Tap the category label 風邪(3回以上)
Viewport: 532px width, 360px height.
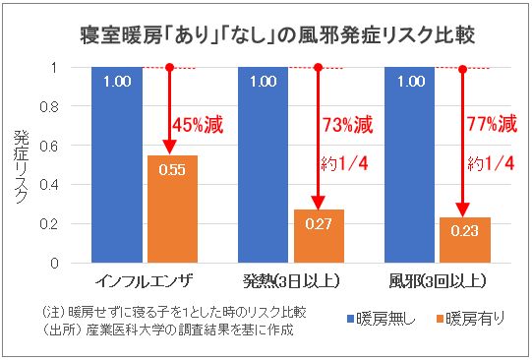(436, 280)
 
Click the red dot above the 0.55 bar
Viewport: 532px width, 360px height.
(170, 68)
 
